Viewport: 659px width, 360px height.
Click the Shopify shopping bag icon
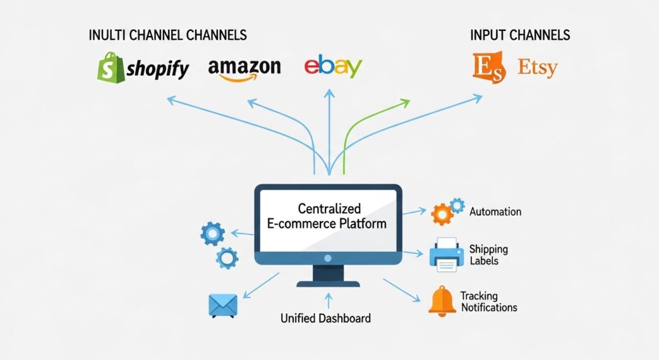109,68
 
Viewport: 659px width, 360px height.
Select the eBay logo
333,67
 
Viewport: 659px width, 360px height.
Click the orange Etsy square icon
489,68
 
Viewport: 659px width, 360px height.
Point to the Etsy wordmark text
537,68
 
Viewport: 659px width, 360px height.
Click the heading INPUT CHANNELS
520,35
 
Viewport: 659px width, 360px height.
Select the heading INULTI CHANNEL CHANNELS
167,35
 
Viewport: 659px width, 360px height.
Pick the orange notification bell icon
442,301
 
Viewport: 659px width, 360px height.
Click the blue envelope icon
223,305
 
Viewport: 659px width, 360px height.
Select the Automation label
496,212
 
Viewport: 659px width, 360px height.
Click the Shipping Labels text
488,254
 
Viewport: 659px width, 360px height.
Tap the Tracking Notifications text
488,301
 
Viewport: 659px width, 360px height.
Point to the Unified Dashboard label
326,318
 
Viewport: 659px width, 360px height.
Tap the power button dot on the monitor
328,258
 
